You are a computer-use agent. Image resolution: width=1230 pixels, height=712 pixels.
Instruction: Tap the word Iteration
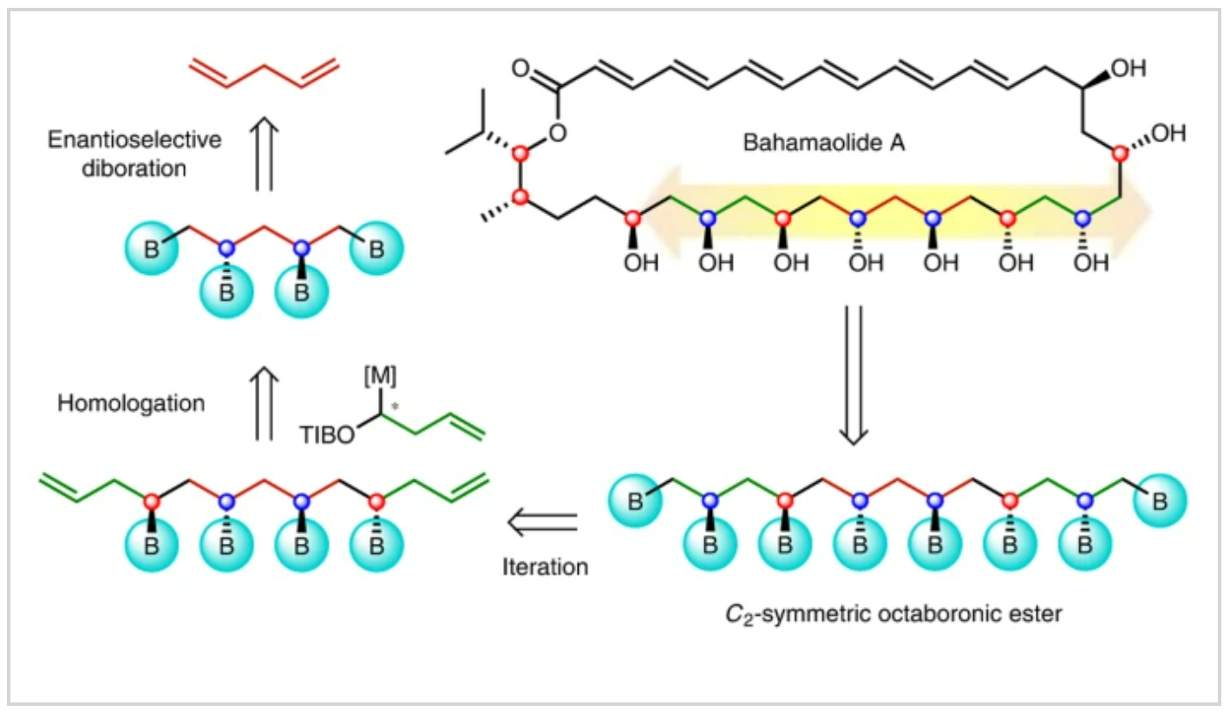(545, 568)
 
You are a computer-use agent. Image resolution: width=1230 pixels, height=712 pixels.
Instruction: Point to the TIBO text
(329, 435)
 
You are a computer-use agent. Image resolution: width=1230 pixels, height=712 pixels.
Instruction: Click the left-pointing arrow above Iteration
(542, 522)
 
